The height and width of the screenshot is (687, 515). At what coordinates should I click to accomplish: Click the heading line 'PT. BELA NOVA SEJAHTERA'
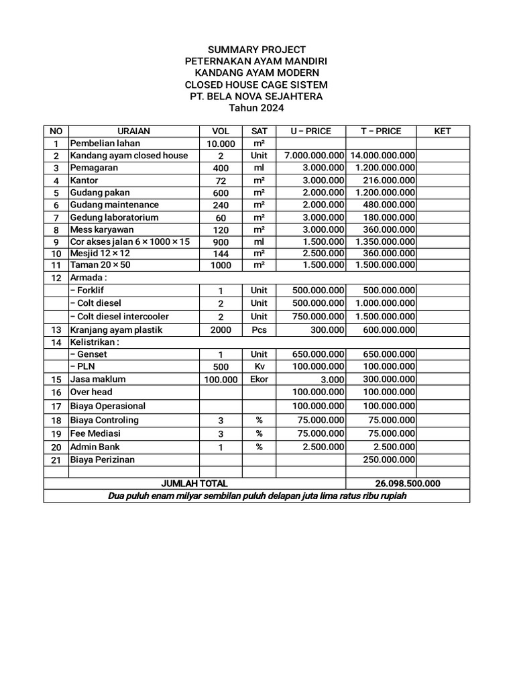tap(257, 97)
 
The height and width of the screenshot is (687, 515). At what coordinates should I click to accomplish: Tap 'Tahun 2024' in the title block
tap(257, 108)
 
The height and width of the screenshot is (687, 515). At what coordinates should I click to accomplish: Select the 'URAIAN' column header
tap(134, 131)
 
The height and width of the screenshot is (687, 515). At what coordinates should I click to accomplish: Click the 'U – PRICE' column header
tap(310, 131)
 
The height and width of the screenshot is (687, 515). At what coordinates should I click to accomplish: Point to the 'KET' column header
tap(443, 131)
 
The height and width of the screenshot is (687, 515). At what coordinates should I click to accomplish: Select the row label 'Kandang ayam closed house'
tap(129, 156)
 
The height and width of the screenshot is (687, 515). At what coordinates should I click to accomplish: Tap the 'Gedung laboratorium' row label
tap(114, 217)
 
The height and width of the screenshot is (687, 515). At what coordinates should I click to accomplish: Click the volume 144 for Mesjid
tap(221, 254)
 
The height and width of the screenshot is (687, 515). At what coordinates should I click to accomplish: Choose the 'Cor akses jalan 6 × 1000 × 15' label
tap(130, 242)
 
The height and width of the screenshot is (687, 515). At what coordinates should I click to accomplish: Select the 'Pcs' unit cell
tap(259, 330)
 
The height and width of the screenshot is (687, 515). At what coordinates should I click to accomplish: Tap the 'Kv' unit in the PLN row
tap(259, 367)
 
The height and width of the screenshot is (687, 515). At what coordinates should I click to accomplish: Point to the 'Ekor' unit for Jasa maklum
tap(259, 379)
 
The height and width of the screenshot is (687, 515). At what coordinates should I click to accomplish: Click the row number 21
tap(56, 460)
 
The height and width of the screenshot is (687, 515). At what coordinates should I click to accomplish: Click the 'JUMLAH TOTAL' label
tap(194, 484)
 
